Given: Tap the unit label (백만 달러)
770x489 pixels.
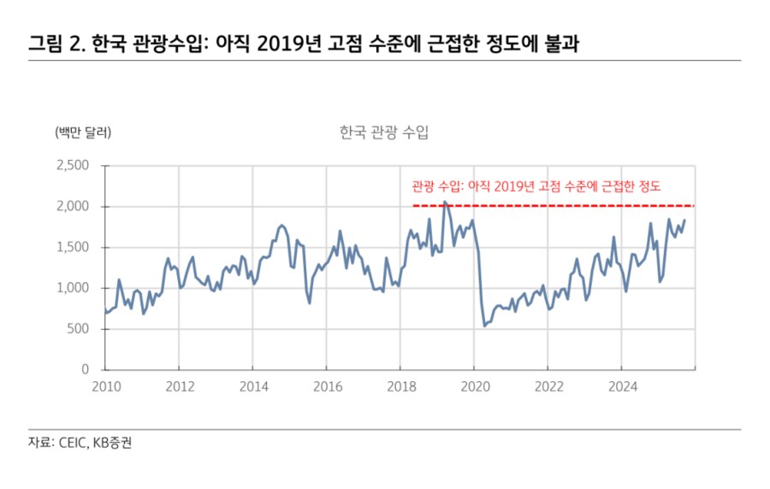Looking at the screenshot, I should pyautogui.click(x=83, y=133).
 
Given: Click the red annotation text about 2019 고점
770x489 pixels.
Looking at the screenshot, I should pyautogui.click(x=536, y=186).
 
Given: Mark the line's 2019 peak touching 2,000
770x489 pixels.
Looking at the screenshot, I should pyautogui.click(x=445, y=203).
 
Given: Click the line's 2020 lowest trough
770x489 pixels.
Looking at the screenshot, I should pyautogui.click(x=484, y=325).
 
